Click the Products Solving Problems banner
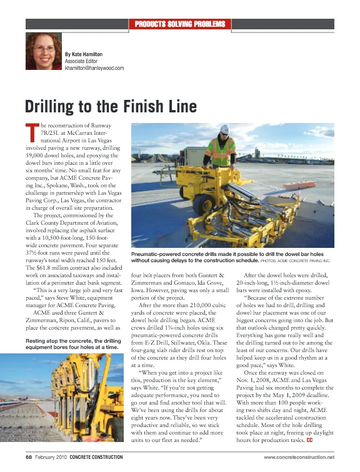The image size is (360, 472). point(180,24)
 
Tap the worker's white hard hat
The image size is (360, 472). point(224,130)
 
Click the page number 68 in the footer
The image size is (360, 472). point(29,458)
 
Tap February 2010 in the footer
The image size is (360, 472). point(52,458)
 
